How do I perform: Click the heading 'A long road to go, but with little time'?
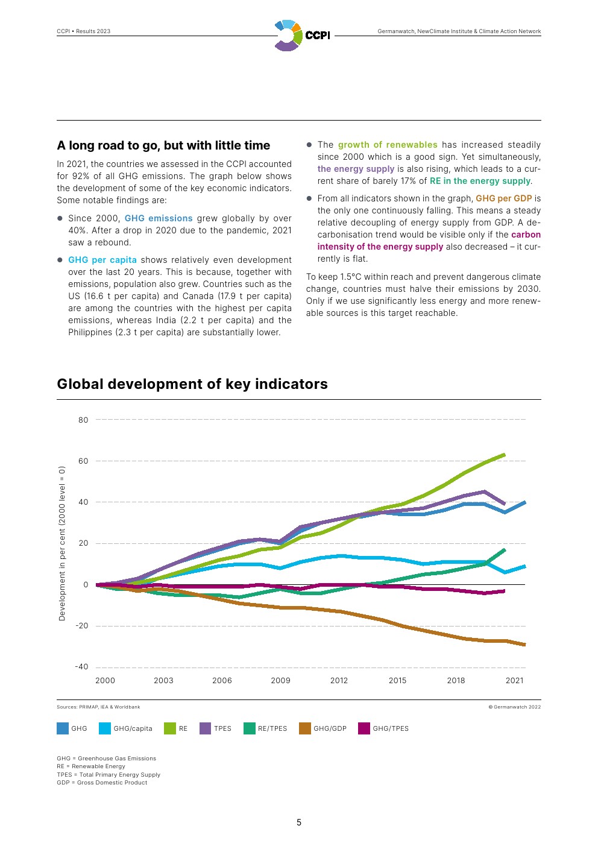click(x=163, y=145)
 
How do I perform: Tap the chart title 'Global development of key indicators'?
click(x=192, y=384)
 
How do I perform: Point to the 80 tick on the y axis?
click(x=83, y=420)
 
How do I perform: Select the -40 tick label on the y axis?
click(x=81, y=666)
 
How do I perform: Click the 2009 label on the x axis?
click(x=280, y=680)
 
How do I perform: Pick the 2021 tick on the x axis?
click(x=514, y=680)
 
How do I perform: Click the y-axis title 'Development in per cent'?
click(x=62, y=543)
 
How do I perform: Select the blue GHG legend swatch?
click(x=63, y=728)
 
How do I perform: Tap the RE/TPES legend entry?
click(x=265, y=728)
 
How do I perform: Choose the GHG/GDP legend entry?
click(x=323, y=728)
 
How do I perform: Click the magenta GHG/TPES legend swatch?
click(x=364, y=728)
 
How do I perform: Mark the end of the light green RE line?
click(x=504, y=455)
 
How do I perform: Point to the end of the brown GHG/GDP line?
click(x=524, y=645)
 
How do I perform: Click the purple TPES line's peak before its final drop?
click(x=485, y=491)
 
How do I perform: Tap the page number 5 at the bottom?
click(x=299, y=822)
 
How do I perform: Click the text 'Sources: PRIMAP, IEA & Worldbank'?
click(x=98, y=707)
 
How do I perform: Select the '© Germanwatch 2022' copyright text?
click(x=514, y=707)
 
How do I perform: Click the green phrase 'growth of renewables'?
click(x=388, y=145)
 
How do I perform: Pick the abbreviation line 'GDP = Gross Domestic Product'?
click(x=102, y=783)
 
